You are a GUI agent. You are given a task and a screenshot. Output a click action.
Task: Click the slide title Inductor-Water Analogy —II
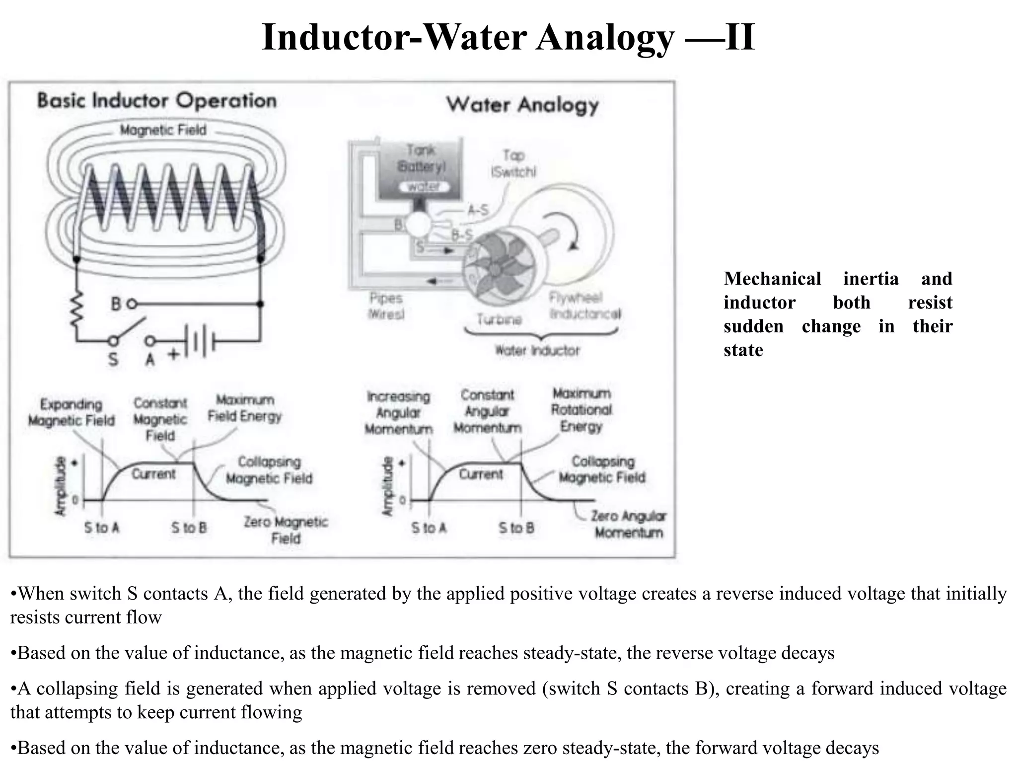pyautogui.click(x=508, y=37)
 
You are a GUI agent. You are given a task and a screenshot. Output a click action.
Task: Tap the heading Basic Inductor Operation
pyautogui.click(x=157, y=101)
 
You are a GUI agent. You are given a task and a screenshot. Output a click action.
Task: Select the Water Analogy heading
pyautogui.click(x=522, y=105)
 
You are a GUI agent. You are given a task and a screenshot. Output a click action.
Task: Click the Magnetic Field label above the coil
pyautogui.click(x=163, y=130)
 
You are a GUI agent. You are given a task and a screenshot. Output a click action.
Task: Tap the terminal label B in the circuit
pyautogui.click(x=116, y=304)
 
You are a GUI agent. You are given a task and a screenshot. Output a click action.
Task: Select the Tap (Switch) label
pyautogui.click(x=513, y=163)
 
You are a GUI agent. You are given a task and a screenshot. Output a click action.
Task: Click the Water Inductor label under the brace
pyautogui.click(x=537, y=351)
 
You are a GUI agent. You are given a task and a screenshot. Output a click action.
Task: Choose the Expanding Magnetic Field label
pyautogui.click(x=71, y=412)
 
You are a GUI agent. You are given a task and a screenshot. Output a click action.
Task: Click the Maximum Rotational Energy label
pyautogui.click(x=581, y=410)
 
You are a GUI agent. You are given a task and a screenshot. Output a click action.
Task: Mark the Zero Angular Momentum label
pyautogui.click(x=629, y=525)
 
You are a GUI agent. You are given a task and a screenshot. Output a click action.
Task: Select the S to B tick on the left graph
pyautogui.click(x=189, y=528)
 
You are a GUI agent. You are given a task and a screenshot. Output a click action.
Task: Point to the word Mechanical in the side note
pyautogui.click(x=772, y=279)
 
